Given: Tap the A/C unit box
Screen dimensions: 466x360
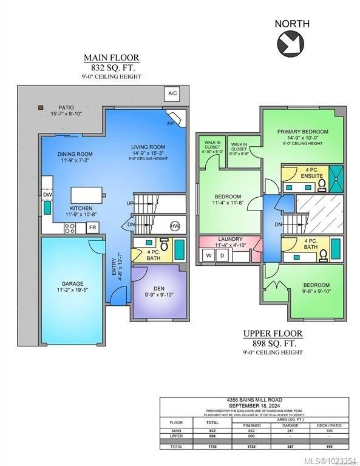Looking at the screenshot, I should point(172,93).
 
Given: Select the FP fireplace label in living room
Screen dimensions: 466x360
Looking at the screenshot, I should point(171,123).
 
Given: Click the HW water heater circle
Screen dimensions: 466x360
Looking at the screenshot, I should point(175,226).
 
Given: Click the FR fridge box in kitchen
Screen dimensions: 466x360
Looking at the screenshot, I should point(92,228).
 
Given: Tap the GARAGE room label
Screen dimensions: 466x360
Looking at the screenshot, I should point(72,283).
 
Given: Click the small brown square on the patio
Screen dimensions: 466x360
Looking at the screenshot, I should point(41,107).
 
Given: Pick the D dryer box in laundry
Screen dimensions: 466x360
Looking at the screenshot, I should point(222,255).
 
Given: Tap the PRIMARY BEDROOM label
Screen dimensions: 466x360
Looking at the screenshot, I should point(302,131).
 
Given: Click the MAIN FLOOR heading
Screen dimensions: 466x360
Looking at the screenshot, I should point(111,58).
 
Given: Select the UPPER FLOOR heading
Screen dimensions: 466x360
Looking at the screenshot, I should point(273,333).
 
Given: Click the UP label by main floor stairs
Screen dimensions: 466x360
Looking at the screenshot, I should point(129,203).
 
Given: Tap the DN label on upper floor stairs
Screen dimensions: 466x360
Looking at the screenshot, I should point(277,224).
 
